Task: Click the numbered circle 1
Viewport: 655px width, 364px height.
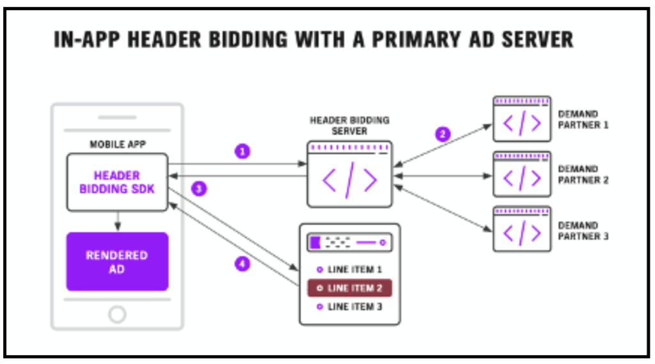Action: (x=242, y=152)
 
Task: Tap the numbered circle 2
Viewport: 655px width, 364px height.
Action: (x=442, y=134)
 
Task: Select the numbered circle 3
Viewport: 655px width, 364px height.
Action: (x=200, y=188)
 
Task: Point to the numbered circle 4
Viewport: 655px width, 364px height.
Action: (x=242, y=263)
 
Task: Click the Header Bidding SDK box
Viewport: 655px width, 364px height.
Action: (x=117, y=182)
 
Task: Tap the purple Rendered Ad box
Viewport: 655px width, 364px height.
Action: (x=117, y=262)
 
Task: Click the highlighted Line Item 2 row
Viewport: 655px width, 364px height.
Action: (x=349, y=288)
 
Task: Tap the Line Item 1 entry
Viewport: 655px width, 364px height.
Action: (x=349, y=269)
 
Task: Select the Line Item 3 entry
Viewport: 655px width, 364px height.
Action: (x=349, y=306)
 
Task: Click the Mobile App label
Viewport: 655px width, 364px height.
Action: (x=117, y=145)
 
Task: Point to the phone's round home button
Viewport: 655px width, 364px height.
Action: (x=117, y=313)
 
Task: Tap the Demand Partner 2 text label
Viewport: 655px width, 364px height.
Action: (x=583, y=175)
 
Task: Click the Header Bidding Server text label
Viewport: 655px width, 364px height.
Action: (x=349, y=125)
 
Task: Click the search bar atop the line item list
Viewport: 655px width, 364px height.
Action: (x=349, y=243)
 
